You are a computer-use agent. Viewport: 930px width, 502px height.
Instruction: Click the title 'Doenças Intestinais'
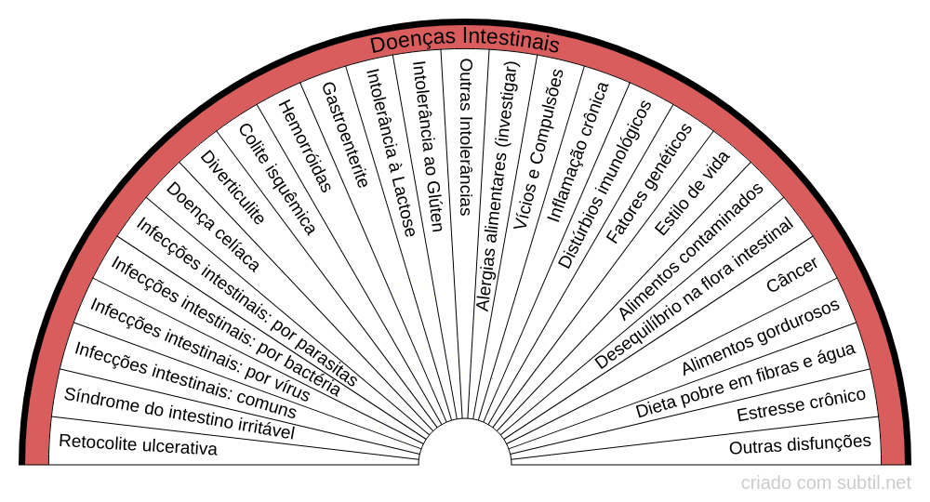point(465,44)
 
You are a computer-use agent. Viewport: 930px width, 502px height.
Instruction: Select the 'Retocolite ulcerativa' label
point(138,445)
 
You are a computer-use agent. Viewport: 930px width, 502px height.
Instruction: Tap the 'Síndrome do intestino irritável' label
point(179,414)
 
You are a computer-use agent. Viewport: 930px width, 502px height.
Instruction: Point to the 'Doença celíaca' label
point(212,226)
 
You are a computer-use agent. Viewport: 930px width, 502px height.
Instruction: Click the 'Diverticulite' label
point(232,187)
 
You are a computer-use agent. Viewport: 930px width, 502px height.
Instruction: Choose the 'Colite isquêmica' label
point(277,178)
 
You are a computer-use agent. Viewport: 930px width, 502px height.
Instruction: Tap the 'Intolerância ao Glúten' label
point(427,139)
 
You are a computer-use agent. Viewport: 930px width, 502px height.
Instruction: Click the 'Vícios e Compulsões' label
point(538,149)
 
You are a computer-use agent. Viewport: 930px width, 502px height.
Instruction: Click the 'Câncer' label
point(792,275)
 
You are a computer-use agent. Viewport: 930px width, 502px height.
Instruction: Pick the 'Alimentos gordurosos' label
point(761,337)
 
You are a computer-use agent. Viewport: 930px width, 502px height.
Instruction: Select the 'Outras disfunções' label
point(800,444)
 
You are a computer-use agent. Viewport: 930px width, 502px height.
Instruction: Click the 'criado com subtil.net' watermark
point(826,482)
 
